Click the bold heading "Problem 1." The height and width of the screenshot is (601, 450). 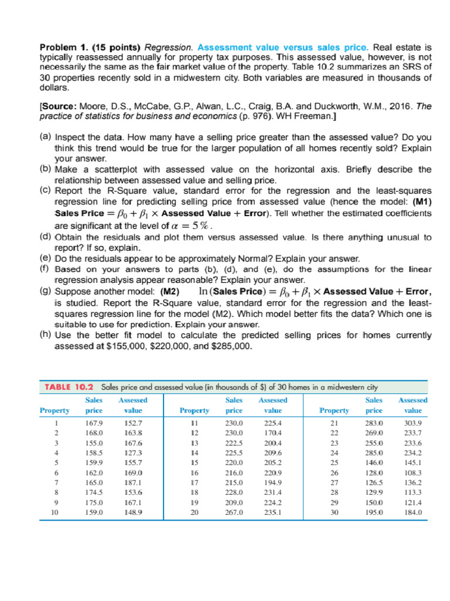[63, 46]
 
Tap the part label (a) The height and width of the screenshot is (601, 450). [45, 136]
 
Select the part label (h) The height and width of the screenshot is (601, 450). [45, 335]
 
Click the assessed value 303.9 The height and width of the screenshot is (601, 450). [413, 423]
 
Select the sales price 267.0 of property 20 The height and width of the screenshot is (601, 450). [234, 512]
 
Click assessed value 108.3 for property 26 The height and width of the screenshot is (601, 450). [413, 472]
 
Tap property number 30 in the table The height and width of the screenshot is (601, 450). [335, 512]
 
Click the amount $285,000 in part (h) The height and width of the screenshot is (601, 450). [234, 346]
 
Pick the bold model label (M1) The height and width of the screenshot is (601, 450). [420, 202]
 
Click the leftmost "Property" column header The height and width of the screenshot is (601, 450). [54, 410]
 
